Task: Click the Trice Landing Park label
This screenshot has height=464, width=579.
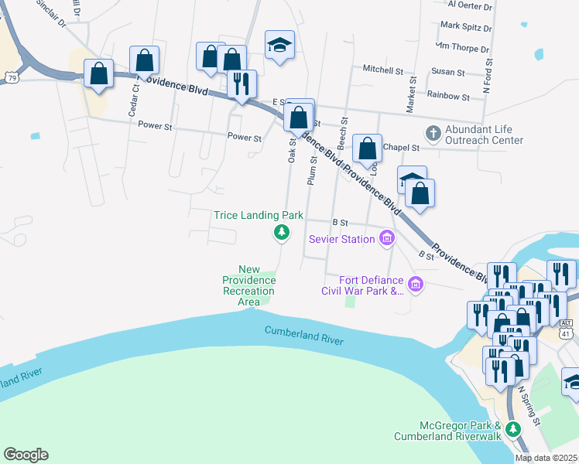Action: tap(258, 215)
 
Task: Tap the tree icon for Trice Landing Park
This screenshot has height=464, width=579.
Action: tap(283, 232)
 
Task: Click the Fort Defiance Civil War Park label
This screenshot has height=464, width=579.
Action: tap(363, 285)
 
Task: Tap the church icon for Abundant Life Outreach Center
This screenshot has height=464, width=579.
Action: tap(432, 133)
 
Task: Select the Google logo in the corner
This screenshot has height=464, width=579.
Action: tap(26, 455)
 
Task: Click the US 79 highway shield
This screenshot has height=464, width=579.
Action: tap(10, 77)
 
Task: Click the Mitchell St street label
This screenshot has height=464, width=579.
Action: tap(383, 70)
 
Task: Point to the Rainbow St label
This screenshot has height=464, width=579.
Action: tap(449, 97)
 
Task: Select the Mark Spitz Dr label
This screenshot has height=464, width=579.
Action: tap(465, 27)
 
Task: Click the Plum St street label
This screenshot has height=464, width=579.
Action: tap(313, 170)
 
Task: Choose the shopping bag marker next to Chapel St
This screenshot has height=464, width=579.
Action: tap(368, 148)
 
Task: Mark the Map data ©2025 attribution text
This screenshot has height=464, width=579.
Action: tap(546, 458)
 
